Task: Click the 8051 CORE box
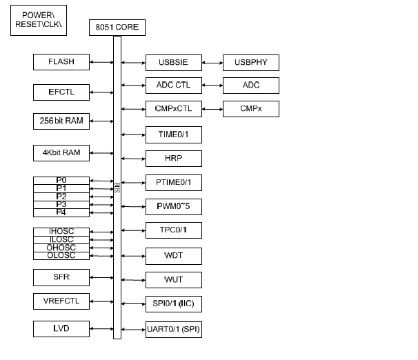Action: click(x=117, y=28)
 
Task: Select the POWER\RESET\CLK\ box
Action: click(x=39, y=20)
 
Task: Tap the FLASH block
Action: click(x=61, y=62)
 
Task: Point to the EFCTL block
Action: click(x=61, y=92)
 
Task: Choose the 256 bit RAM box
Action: click(x=61, y=121)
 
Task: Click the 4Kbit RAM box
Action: click(x=61, y=153)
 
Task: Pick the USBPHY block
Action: click(x=251, y=63)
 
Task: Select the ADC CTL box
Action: click(x=174, y=86)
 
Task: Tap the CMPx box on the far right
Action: click(x=251, y=109)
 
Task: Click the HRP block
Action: click(x=174, y=158)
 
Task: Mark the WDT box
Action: click(x=174, y=256)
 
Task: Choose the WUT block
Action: click(x=174, y=280)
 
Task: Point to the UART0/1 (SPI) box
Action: click(x=174, y=329)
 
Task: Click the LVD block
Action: click(x=61, y=328)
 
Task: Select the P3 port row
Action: click(x=61, y=205)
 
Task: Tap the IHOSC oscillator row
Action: click(x=61, y=232)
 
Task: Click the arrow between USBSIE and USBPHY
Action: click(x=212, y=63)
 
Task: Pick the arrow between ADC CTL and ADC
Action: click(x=212, y=86)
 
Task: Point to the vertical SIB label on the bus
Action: click(x=117, y=187)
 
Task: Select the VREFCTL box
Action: click(x=61, y=301)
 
